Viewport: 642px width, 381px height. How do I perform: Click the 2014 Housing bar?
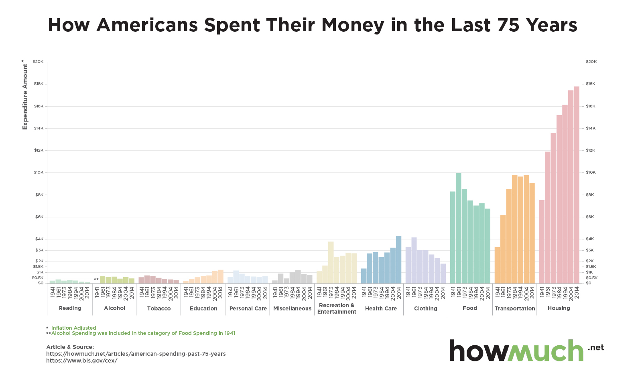[x=577, y=184]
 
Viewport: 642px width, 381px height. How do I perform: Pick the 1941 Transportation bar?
[x=497, y=265]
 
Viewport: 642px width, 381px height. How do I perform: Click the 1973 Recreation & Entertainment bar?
[x=331, y=262]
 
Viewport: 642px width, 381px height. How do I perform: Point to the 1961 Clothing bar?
[x=414, y=260]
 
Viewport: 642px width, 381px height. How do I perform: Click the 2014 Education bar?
[x=221, y=276]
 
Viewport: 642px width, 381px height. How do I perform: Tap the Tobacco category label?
[x=159, y=308]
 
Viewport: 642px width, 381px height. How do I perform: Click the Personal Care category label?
[x=248, y=308]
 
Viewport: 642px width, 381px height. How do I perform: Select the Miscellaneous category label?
[x=292, y=308]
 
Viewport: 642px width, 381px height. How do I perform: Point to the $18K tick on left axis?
[x=39, y=84]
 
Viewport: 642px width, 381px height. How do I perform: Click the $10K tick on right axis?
[x=591, y=172]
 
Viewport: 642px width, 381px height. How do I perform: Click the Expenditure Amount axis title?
[x=25, y=96]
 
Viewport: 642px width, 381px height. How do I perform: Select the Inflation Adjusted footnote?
[x=73, y=328]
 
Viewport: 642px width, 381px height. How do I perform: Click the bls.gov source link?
[x=81, y=361]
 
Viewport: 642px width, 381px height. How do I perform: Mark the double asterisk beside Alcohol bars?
[x=96, y=280]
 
